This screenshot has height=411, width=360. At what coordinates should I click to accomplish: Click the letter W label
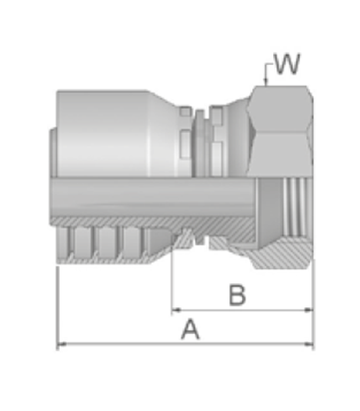click(287, 64)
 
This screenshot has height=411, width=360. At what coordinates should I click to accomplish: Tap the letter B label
click(237, 295)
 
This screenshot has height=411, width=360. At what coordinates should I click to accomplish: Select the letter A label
click(190, 329)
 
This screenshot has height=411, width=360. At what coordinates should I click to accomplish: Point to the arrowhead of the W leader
click(265, 82)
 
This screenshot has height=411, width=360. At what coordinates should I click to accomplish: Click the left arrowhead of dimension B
click(176, 310)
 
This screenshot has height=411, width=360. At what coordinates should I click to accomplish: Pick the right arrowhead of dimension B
click(309, 310)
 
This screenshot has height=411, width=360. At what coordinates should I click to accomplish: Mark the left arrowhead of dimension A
click(62, 344)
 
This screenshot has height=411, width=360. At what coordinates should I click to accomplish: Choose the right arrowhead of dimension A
click(309, 344)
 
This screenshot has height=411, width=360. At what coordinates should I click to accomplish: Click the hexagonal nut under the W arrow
click(280, 132)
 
